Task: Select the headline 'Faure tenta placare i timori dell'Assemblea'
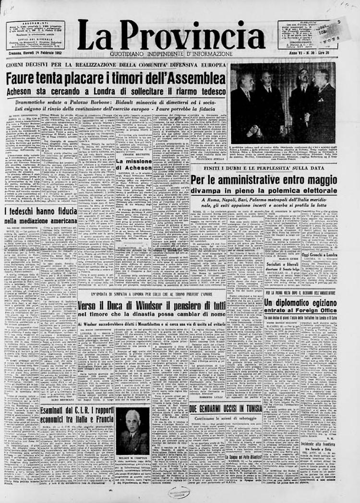(115, 78)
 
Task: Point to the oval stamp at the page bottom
(179, 492)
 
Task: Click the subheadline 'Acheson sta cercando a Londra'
(115, 91)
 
